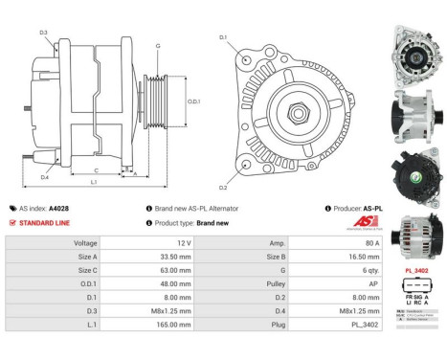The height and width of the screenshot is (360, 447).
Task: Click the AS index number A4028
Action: pos(58,208)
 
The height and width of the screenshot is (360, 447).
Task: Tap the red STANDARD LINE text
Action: pos(44,223)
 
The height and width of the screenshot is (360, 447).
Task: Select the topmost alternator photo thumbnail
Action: pos(416,47)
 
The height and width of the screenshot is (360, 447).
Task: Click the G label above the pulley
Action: pos(158,45)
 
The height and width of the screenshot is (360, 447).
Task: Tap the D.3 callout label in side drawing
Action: pos(44,34)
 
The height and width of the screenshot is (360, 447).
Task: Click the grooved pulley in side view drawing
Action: pos(156,101)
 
